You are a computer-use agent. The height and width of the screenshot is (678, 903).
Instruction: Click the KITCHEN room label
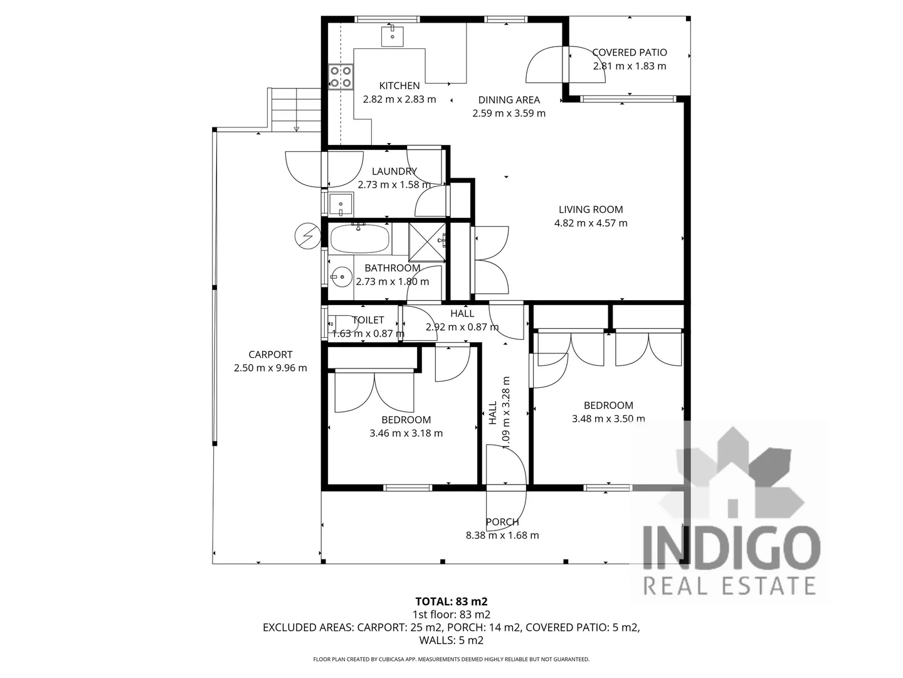coord(399,86)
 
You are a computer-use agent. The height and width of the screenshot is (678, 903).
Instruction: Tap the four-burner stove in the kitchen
coord(341,77)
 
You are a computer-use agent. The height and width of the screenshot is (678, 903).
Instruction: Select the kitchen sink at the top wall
coord(393,36)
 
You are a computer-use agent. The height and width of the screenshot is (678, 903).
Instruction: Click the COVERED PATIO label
coord(630,53)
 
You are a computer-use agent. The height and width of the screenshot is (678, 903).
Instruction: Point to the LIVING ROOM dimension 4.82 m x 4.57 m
coord(591,223)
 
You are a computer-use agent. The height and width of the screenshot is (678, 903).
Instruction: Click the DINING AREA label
coord(509,100)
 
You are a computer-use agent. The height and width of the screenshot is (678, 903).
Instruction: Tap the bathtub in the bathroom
coord(359,239)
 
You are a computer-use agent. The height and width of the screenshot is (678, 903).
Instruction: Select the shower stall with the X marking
coord(427,241)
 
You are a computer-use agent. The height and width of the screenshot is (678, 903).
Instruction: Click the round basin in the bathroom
coord(342,275)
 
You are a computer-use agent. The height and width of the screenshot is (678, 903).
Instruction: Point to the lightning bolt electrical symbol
coord(307,236)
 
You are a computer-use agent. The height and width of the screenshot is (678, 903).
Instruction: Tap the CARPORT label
coord(270,355)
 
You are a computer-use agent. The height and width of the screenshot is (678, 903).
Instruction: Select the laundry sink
coord(341,204)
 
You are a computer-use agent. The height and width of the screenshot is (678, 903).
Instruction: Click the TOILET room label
coord(368,320)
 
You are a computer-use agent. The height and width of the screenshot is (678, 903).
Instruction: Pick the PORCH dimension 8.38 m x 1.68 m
coord(502,535)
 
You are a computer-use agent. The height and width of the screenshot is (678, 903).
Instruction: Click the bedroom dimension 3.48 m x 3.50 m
coord(608,419)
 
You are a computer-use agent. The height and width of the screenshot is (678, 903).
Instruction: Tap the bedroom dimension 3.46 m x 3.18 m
coord(406,433)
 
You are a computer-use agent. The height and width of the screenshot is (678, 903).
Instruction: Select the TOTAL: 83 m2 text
coord(451,601)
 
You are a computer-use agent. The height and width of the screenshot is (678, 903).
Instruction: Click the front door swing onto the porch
coord(507,505)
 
